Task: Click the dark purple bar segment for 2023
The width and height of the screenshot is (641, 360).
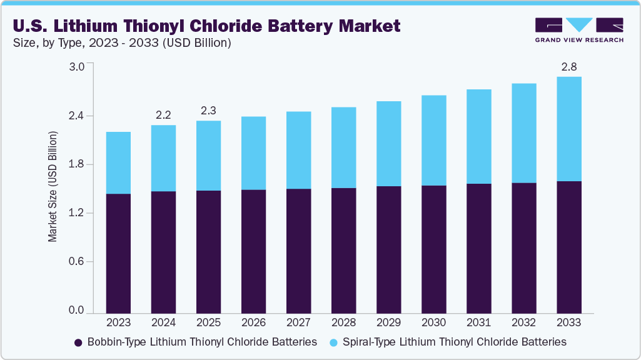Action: (x=118, y=253)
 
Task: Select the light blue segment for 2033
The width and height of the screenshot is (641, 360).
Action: (x=568, y=129)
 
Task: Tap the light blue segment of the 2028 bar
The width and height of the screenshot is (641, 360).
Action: (x=343, y=147)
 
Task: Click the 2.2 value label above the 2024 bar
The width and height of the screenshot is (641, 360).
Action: (x=163, y=115)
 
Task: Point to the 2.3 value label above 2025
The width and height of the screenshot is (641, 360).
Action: (x=208, y=111)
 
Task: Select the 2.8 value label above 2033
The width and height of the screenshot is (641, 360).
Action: (x=568, y=66)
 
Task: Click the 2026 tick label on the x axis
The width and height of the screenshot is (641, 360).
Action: (x=253, y=322)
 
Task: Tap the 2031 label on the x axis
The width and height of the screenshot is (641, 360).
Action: (x=478, y=322)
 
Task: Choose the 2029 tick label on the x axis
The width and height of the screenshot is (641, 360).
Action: (x=388, y=322)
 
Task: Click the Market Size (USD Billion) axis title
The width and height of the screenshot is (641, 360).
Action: (x=53, y=187)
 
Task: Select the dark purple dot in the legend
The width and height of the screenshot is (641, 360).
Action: (x=78, y=342)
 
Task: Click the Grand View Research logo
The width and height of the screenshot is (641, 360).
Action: (x=578, y=30)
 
